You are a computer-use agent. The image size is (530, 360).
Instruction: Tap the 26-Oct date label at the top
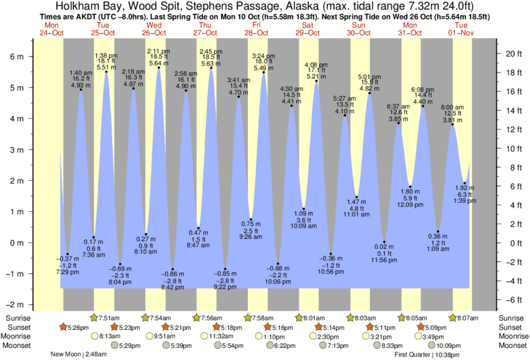[x=154, y=33]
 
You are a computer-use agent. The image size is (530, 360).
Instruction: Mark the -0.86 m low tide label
[x=172, y=274]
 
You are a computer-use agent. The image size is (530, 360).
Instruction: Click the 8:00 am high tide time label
[x=452, y=107]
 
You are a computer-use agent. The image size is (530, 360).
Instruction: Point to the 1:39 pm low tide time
[x=465, y=200]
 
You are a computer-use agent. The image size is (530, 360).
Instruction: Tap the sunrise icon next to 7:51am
[x=94, y=317]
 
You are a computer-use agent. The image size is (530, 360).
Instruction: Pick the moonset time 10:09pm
[x=450, y=345]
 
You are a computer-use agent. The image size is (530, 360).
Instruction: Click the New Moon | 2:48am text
[x=79, y=355]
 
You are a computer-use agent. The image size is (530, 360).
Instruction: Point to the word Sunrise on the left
[x=17, y=317]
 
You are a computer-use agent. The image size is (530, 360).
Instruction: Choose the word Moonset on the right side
[x=513, y=345]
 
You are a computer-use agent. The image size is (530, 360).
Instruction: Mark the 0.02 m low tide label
[x=384, y=246]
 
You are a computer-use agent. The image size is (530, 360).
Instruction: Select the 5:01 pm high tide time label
[x=370, y=76]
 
